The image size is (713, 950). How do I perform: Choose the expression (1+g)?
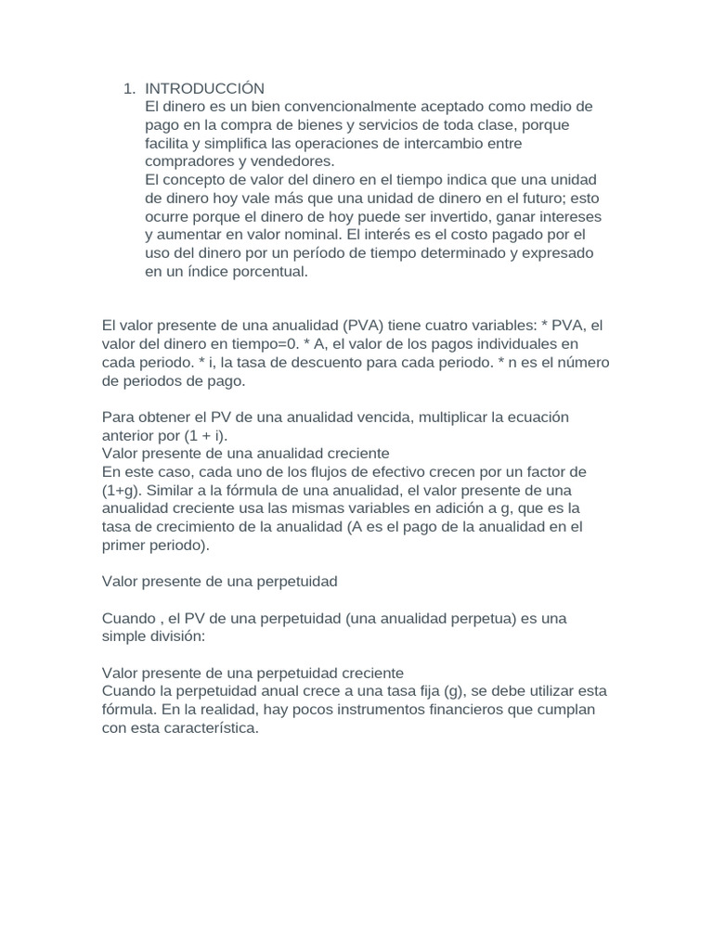(x=123, y=490)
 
